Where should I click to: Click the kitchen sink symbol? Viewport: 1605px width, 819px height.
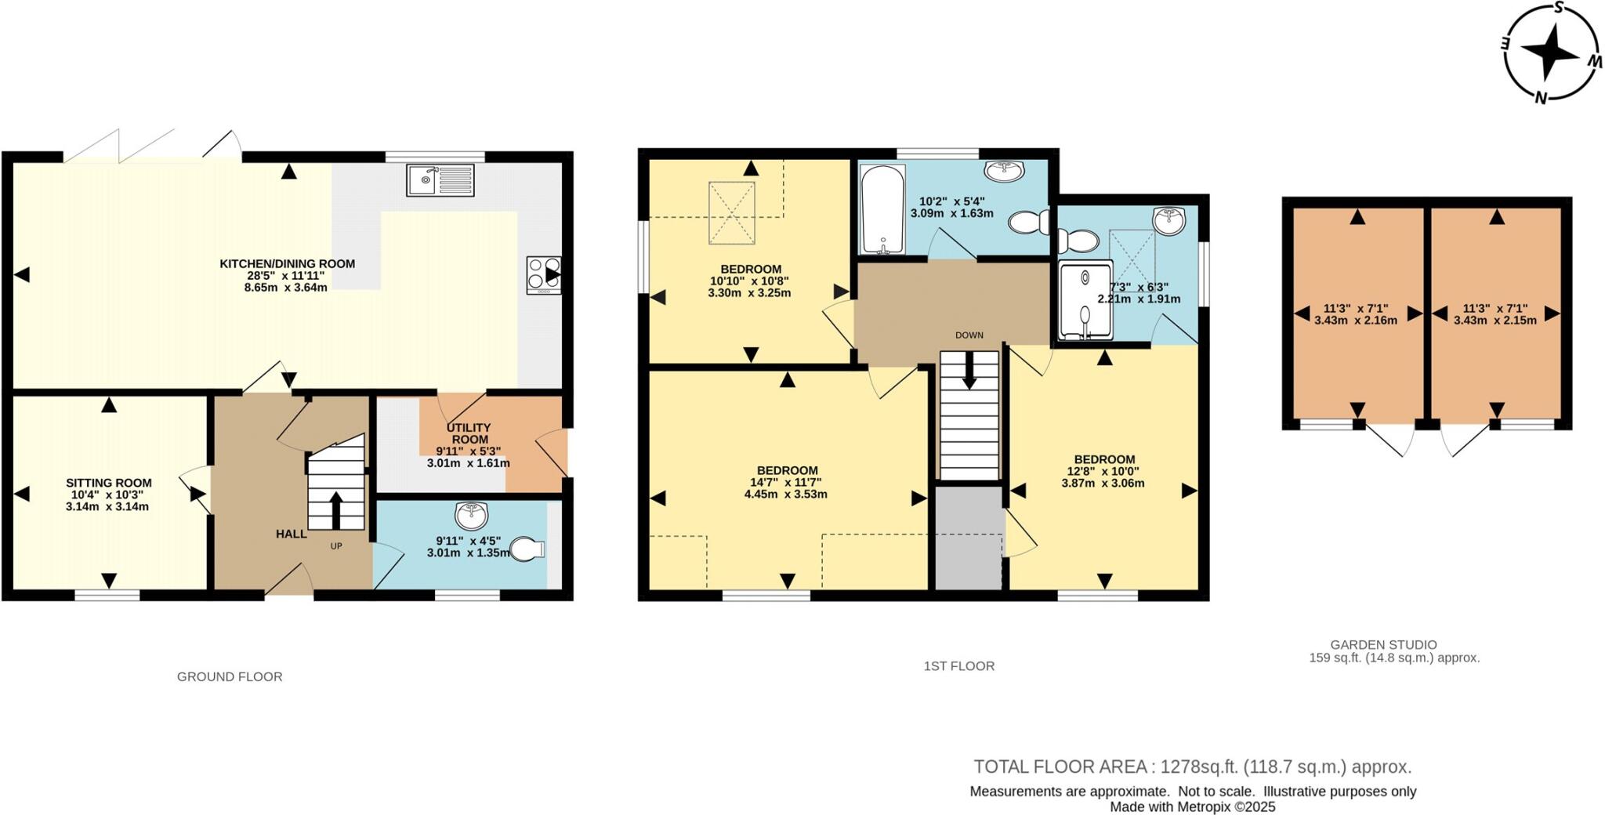[440, 179]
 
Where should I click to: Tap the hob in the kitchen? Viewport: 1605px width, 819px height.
[543, 274]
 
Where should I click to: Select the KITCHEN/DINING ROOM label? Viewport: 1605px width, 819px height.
[287, 264]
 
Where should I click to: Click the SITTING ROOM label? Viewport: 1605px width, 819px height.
[108, 484]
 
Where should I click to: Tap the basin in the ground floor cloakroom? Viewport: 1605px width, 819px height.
[471, 515]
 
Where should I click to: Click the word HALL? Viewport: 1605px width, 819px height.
[291, 534]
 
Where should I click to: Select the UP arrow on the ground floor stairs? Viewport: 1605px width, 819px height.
[336, 509]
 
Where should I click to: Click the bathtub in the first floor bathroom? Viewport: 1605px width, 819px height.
[882, 209]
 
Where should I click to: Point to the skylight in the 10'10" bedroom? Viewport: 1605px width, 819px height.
[731, 212]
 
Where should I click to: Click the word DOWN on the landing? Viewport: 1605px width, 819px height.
[969, 335]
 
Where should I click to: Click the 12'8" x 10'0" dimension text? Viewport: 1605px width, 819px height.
[1103, 472]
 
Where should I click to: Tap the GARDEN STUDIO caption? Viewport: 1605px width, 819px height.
[1383, 645]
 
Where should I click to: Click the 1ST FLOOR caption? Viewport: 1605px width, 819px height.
[958, 666]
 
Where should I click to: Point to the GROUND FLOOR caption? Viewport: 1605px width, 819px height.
[229, 676]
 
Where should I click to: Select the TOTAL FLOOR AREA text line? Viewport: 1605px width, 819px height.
[1192, 766]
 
